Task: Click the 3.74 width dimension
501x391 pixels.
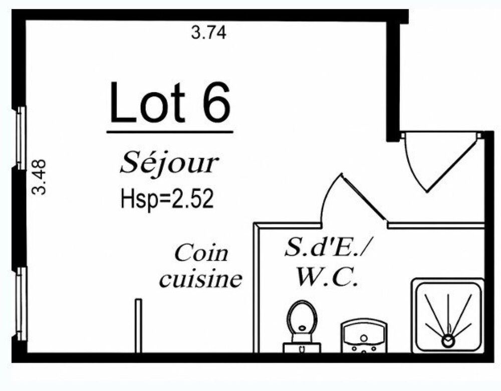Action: (208, 33)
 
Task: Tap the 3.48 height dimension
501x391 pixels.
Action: (40, 177)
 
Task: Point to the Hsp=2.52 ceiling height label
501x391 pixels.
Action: (167, 199)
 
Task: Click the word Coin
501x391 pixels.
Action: (201, 254)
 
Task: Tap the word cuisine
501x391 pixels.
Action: (201, 279)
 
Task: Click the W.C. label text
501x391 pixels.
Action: (327, 277)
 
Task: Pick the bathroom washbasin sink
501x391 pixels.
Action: (364, 336)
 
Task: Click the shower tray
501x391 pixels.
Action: (447, 315)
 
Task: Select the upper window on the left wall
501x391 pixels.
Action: (21, 138)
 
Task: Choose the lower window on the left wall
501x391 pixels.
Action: (22, 304)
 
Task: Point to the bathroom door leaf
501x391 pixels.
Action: (364, 198)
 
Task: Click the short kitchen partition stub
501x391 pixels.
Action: (138, 325)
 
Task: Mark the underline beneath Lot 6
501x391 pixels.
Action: (170, 132)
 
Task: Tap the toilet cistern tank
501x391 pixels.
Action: (302, 348)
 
